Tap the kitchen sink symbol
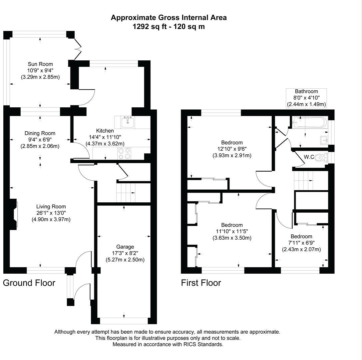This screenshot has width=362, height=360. click(128, 122)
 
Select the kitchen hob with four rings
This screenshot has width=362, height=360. click(125, 153)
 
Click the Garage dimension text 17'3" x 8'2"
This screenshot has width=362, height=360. click(125, 253)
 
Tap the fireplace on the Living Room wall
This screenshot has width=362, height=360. click(13, 214)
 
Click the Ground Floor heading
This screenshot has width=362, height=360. click(29, 283)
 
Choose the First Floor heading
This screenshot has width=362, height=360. click(201, 283)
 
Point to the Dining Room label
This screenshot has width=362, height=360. click(40, 133)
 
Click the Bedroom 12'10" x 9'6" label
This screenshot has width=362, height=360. click(232, 143)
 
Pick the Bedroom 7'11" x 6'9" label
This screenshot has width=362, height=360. click(301, 237)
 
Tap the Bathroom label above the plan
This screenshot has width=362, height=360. click(306, 91)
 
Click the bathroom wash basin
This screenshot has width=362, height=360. click(323, 139)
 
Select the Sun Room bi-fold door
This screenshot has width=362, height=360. click(78, 49)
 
